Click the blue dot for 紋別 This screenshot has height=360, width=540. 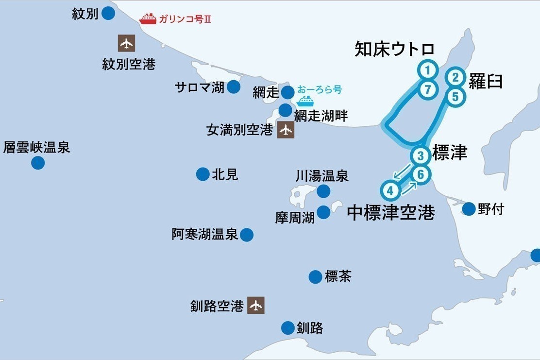(108, 13)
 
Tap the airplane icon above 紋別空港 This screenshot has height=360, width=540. (126, 43)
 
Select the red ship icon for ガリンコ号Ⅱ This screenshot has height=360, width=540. (148, 19)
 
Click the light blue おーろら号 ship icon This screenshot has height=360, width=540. (305, 101)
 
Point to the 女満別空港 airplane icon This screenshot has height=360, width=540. (286, 130)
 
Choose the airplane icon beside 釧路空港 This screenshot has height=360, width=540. (255, 305)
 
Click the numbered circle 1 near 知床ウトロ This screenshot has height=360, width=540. (427, 70)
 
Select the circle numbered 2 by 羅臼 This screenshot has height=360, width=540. (455, 77)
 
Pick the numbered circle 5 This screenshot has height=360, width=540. (455, 97)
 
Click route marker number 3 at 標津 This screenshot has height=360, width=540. (420, 155)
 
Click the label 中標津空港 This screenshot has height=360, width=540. (391, 212)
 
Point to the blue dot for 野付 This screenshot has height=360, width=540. (469, 209)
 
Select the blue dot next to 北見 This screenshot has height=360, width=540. (202, 174)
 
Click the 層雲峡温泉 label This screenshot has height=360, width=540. (37, 147)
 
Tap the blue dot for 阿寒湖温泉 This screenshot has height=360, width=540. (247, 235)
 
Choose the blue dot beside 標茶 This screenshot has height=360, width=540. (315, 277)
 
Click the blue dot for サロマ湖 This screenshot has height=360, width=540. (234, 87)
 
